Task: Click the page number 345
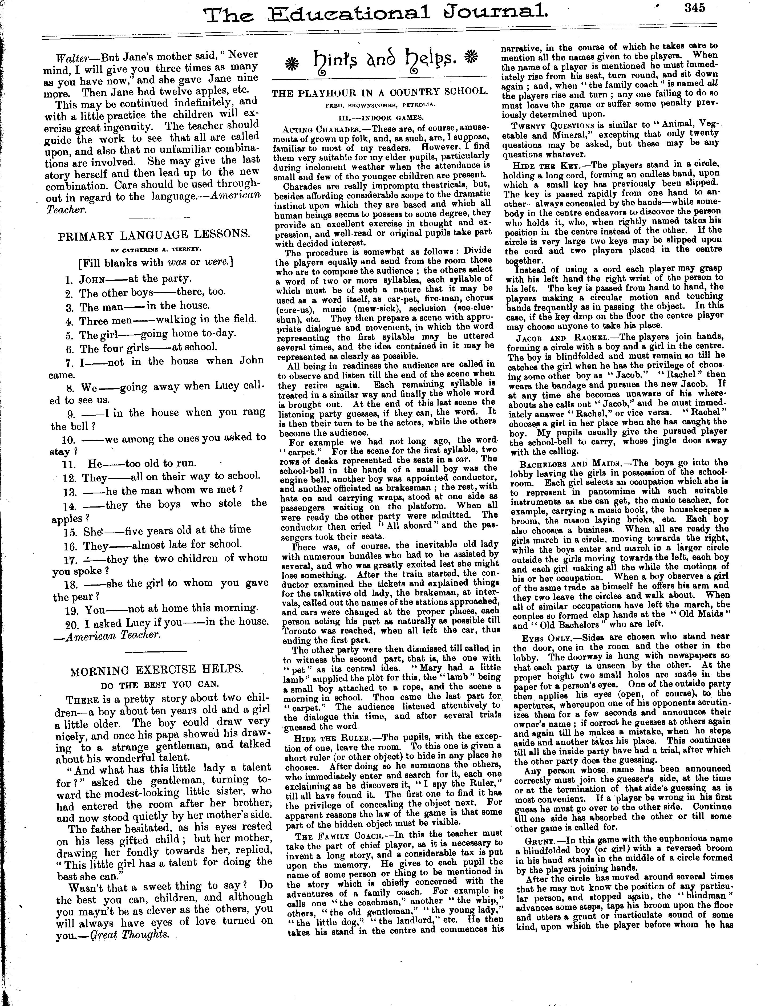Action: click(x=695, y=8)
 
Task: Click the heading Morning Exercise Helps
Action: click(x=157, y=671)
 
